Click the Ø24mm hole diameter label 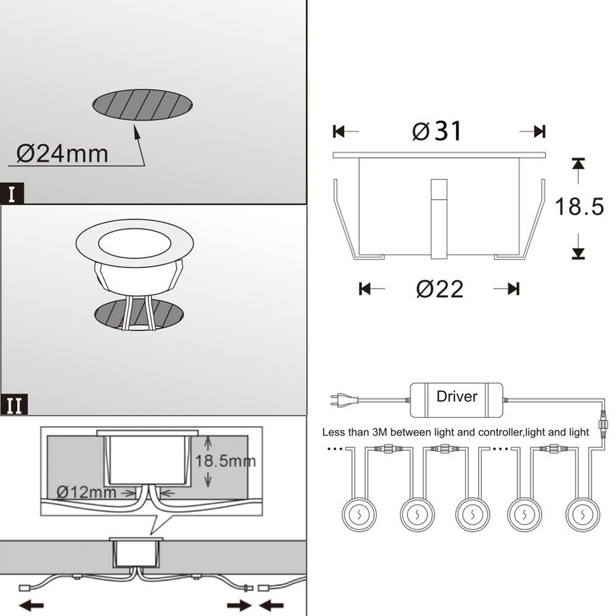pos(62,154)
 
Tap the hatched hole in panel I pos(142,103)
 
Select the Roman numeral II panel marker pos(14,406)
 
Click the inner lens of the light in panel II pos(134,245)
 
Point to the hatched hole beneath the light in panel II pos(139,314)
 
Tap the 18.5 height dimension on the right pos(579,207)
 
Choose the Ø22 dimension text pos(440,289)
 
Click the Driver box pos(456,397)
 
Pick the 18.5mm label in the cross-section pos(225,461)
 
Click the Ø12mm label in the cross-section pos(87,492)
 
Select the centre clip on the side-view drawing pos(439,218)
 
